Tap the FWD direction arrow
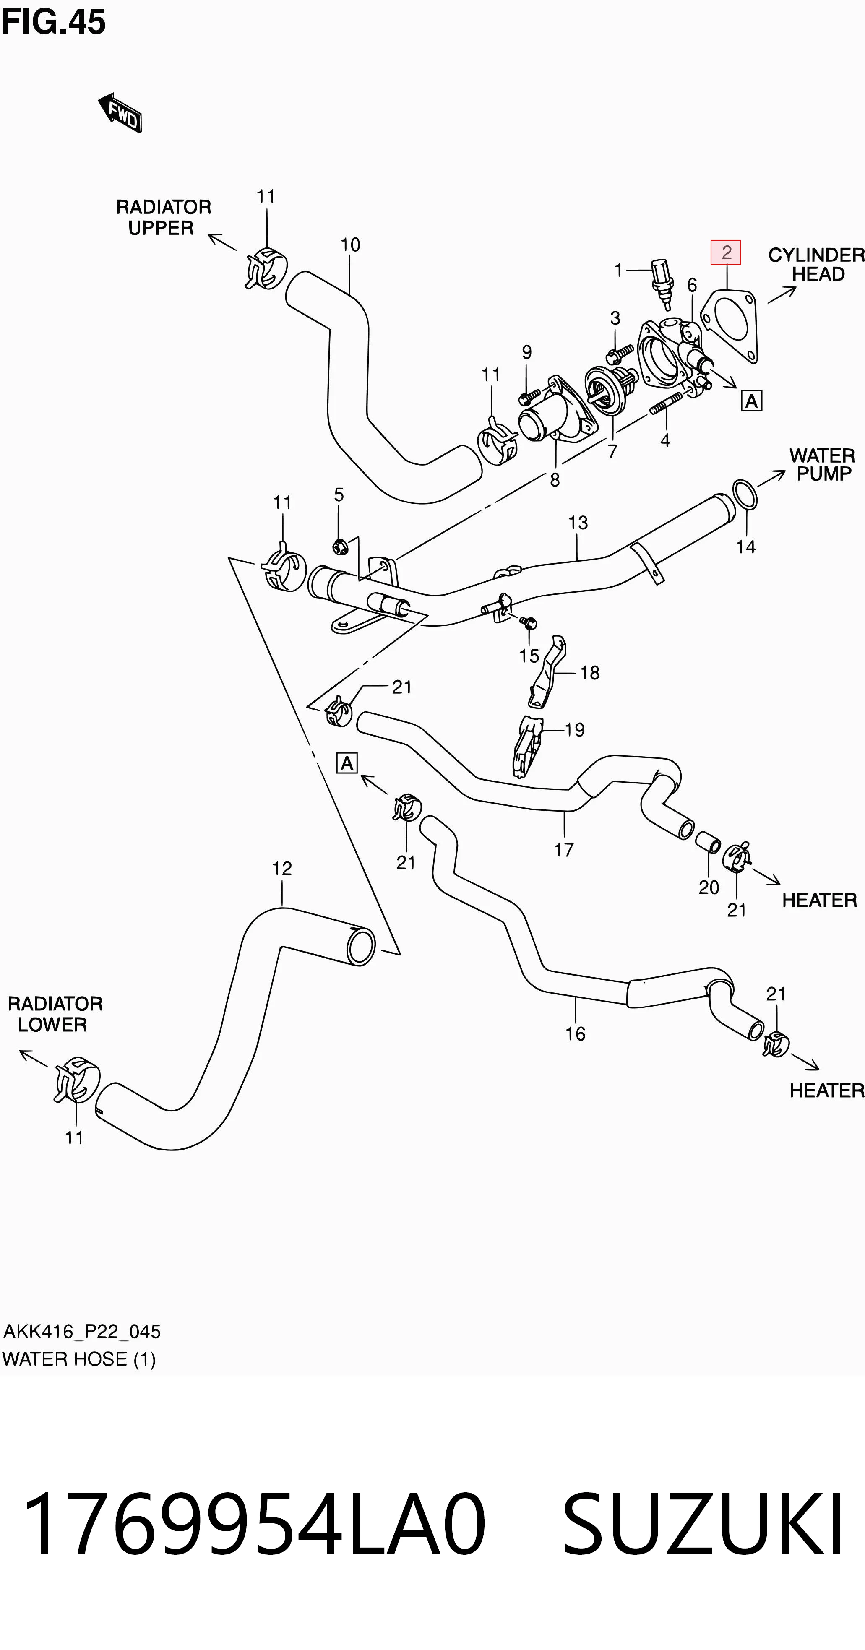coord(120,113)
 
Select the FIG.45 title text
coord(53,22)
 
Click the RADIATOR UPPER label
coord(163,217)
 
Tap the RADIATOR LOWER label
coord(55,1014)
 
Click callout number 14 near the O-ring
coord(746,547)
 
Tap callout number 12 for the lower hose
coord(282,869)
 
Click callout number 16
coord(576,1034)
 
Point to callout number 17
coord(564,850)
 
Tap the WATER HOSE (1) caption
coord(79,1359)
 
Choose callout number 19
coord(575,729)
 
